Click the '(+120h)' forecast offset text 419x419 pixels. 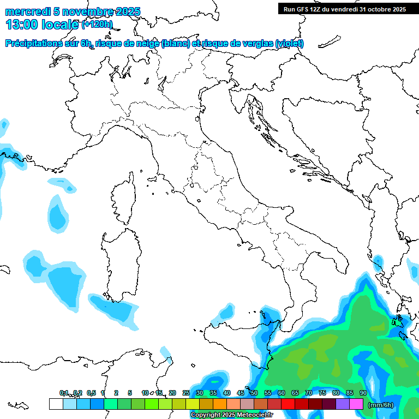coord(97,24)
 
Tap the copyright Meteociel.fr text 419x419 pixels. coord(231,415)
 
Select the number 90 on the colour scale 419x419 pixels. coord(363,393)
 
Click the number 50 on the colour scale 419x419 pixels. coord(254,393)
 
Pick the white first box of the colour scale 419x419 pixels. coord(56,404)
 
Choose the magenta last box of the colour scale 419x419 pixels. coord(356,404)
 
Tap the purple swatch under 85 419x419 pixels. coord(343,404)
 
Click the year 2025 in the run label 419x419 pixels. coord(396,9)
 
